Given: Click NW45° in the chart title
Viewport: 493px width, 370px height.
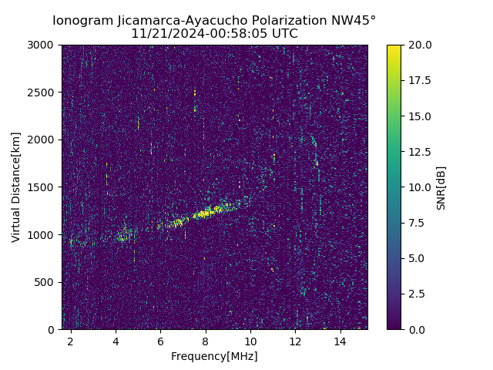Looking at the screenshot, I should tap(355, 21).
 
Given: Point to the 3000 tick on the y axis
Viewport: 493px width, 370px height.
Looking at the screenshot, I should tap(44, 45).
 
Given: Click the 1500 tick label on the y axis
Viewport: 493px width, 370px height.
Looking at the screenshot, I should tap(44, 187).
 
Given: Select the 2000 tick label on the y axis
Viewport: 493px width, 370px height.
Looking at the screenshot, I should tap(44, 140).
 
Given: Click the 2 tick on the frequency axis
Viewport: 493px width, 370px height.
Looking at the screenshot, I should tap(71, 341).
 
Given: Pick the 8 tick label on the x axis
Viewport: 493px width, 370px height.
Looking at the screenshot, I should tap(206, 341).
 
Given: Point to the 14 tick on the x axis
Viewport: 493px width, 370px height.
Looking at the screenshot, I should tap(340, 341).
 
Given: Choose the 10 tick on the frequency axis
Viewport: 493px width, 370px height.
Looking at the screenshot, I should tap(250, 341).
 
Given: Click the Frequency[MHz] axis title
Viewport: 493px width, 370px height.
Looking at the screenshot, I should tap(214, 356).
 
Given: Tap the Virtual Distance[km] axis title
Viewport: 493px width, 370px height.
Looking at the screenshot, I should tap(16, 187).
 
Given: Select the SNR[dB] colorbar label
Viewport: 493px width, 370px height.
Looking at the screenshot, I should tap(441, 187).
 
